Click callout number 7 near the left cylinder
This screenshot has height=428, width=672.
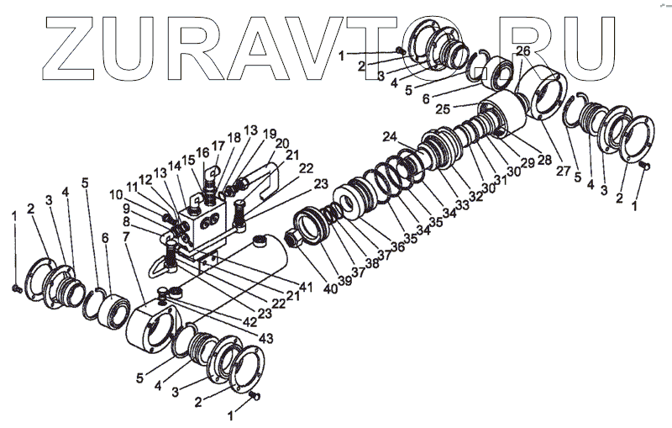(126, 238)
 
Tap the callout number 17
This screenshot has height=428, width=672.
(217, 145)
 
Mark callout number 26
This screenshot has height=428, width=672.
(522, 51)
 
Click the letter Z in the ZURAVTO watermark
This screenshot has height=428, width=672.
(57, 46)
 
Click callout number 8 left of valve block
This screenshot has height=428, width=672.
(126, 222)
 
